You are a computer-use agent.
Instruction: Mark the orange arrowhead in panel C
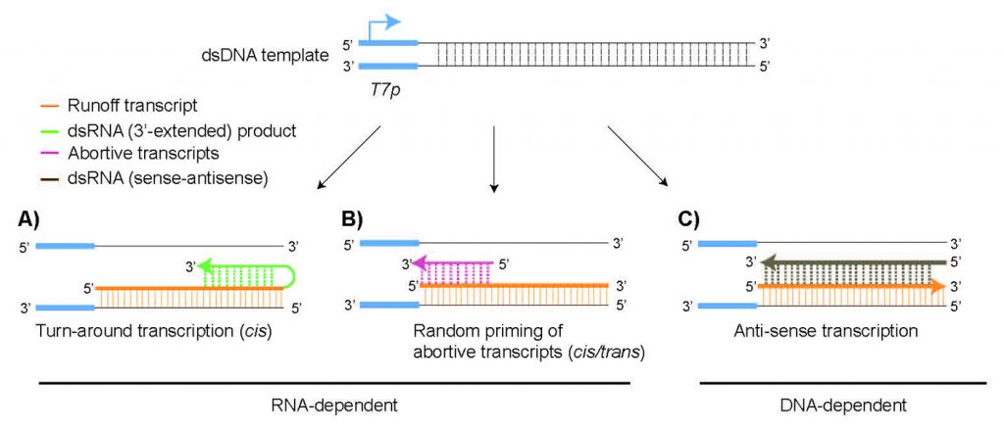pos(938,286)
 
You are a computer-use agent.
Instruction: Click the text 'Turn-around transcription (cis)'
pos(152,331)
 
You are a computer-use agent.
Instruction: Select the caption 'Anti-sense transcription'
pos(826,331)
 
